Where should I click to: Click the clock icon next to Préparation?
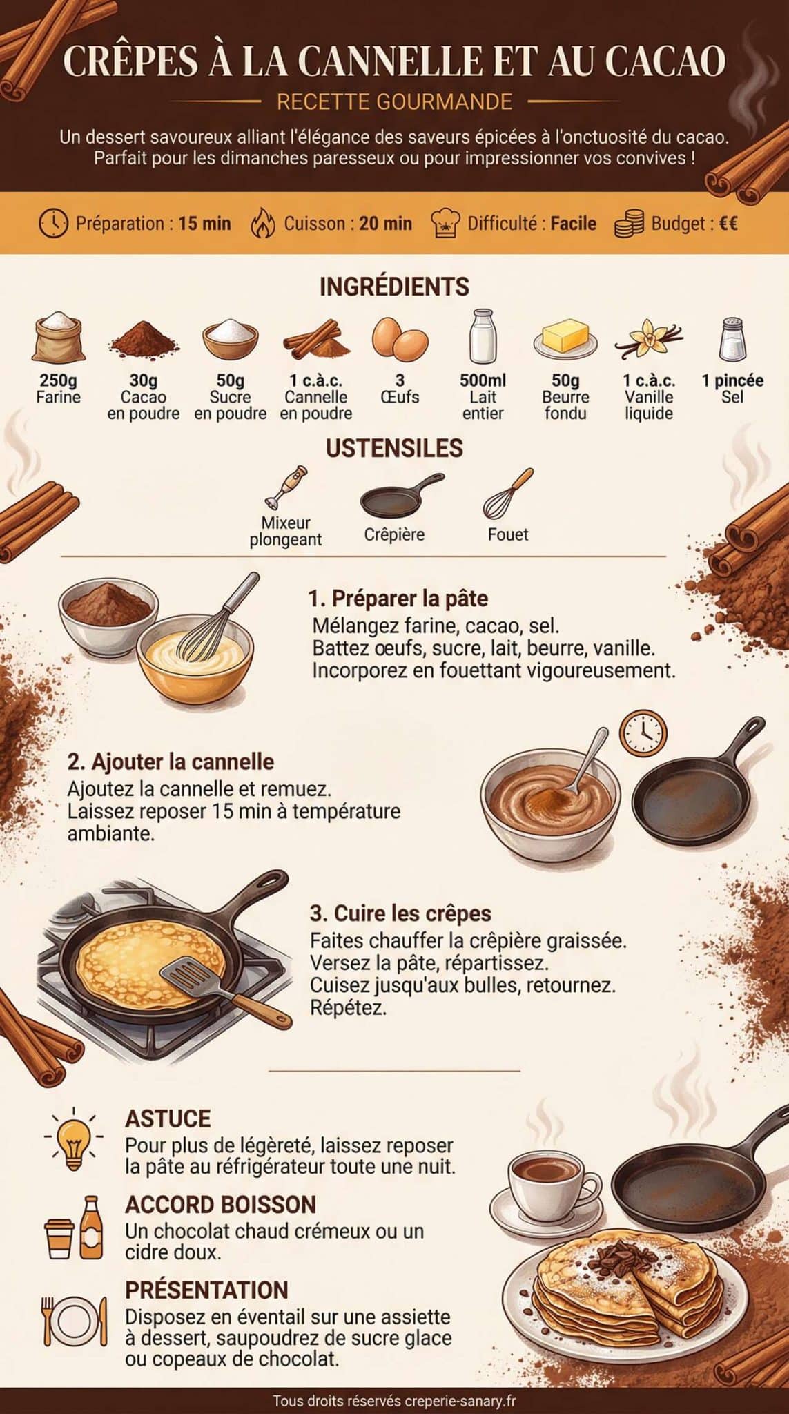[53, 224]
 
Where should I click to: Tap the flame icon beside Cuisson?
[262, 224]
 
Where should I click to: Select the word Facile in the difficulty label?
[573, 224]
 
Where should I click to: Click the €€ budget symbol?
[728, 224]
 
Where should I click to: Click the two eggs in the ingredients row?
[400, 338]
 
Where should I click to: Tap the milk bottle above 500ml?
[483, 336]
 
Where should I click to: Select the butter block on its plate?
[565, 338]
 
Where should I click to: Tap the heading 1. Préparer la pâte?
[398, 598]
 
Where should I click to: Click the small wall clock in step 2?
[643, 733]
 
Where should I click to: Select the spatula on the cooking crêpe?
[207, 981]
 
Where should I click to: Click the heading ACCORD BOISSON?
[220, 1204]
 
